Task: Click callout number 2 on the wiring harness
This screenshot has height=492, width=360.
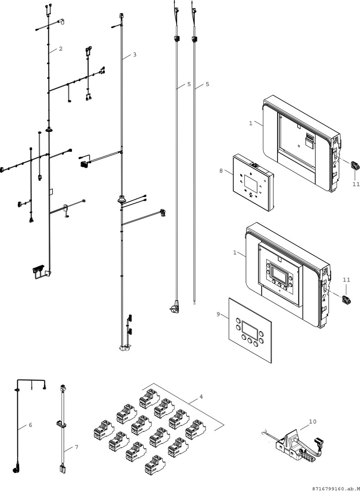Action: (x=60, y=49)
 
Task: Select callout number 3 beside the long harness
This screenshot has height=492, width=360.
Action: (x=134, y=55)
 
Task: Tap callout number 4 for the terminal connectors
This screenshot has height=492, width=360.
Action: (x=201, y=396)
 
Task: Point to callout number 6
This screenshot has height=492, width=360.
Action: (x=31, y=425)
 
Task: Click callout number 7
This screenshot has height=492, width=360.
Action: (x=77, y=447)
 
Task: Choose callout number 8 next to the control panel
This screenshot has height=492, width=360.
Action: (x=221, y=171)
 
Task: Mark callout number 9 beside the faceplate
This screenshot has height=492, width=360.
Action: (x=218, y=314)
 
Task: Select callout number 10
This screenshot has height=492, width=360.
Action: (x=312, y=422)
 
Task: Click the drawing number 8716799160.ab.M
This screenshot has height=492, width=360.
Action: (x=335, y=488)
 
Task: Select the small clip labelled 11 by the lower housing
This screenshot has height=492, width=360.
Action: (x=346, y=300)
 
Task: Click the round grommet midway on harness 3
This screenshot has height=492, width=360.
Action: (x=122, y=199)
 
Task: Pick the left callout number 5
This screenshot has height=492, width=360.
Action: (x=189, y=84)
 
